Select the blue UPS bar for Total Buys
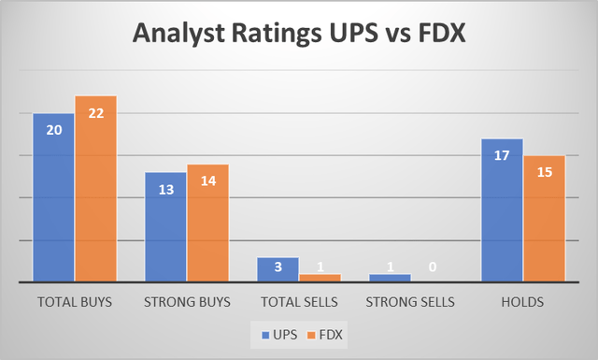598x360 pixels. coord(53,197)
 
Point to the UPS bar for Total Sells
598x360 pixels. coord(278,269)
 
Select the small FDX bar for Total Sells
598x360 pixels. coord(320,278)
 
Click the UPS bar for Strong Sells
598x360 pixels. coord(390,278)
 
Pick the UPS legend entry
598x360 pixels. coord(274,334)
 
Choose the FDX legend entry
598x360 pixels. coord(323,334)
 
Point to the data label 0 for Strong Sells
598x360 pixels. coord(432,266)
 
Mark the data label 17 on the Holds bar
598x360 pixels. coord(502,155)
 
